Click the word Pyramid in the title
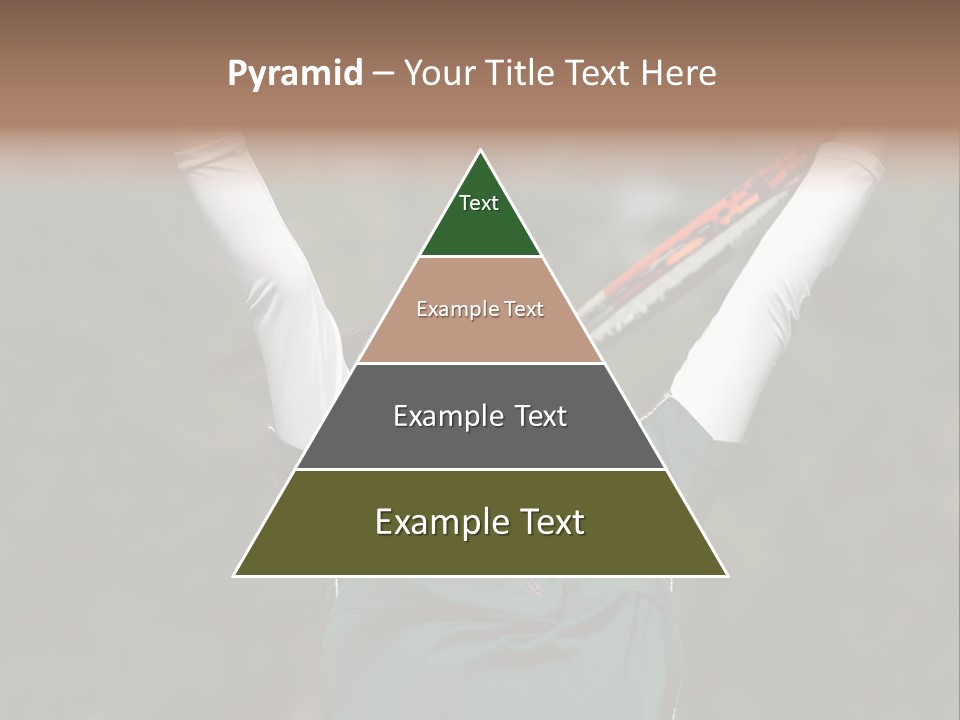(294, 74)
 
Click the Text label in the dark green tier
(479, 203)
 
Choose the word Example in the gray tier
(445, 416)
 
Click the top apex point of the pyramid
(480, 151)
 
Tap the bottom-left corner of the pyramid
(235, 575)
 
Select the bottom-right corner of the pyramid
(726, 575)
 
